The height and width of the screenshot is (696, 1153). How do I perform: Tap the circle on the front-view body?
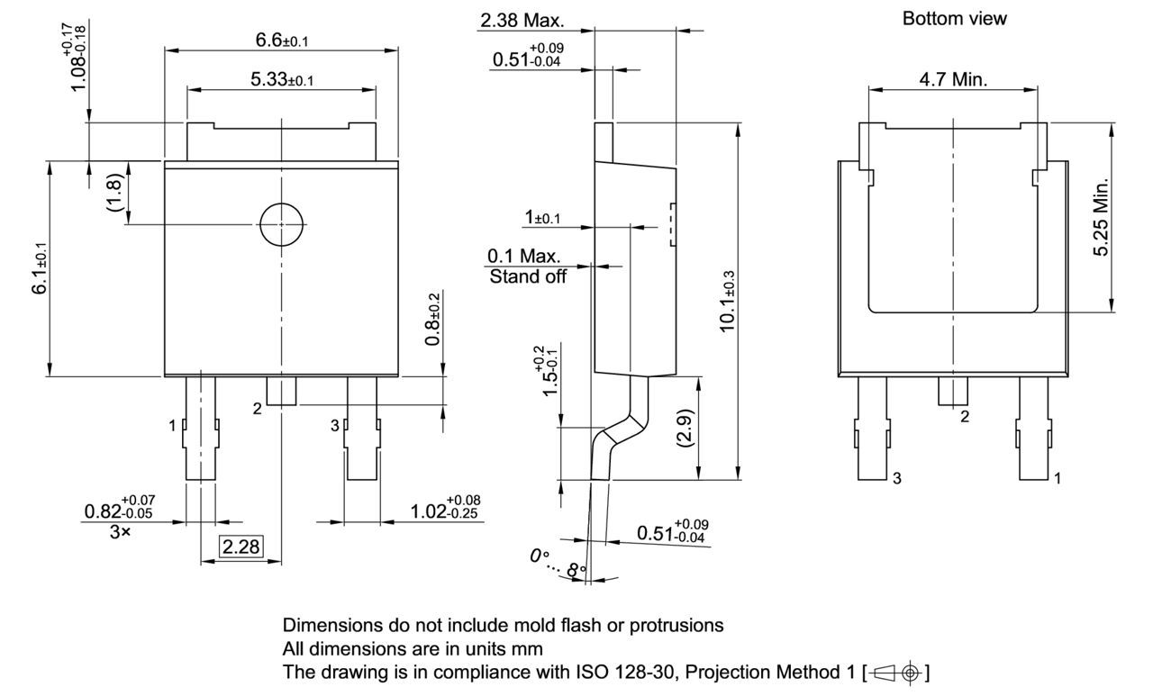[x=280, y=224]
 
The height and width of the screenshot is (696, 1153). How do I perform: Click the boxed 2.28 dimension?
[x=241, y=546]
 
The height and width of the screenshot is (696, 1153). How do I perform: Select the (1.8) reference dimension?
[x=114, y=192]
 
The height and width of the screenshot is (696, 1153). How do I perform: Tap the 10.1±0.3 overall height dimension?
[x=728, y=301]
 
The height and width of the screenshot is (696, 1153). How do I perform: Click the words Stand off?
[x=528, y=277]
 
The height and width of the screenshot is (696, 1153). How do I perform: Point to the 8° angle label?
[x=576, y=569]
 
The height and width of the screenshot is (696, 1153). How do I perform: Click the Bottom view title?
[x=954, y=18]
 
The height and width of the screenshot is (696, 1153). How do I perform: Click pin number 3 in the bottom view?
[x=895, y=479]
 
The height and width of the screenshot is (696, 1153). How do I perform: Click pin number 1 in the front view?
[x=173, y=426]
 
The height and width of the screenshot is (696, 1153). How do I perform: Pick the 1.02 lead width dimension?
[x=444, y=511]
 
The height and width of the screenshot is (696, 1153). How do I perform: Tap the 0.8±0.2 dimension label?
[x=434, y=320]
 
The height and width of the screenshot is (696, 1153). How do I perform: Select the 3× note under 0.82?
[x=120, y=531]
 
